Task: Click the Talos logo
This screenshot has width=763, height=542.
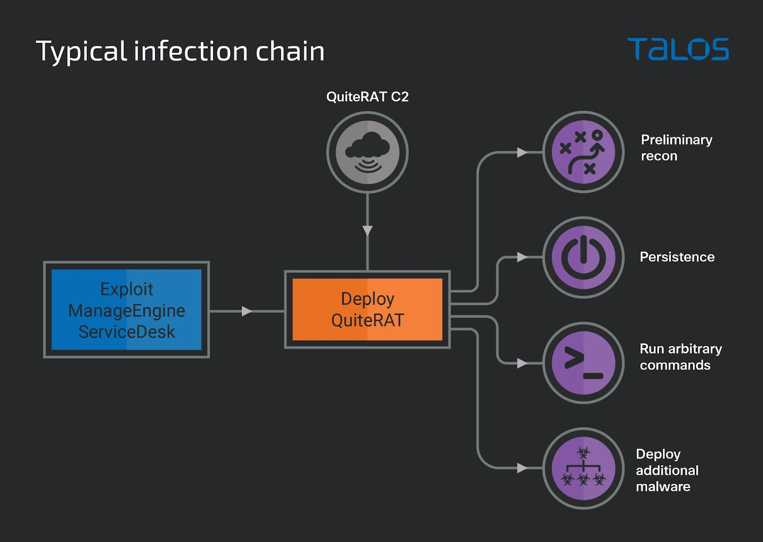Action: pyautogui.click(x=678, y=49)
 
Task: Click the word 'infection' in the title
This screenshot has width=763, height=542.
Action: pyautogui.click(x=191, y=51)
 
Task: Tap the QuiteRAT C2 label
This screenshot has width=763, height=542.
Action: pyautogui.click(x=367, y=97)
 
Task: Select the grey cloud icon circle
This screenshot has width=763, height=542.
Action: pyautogui.click(x=367, y=152)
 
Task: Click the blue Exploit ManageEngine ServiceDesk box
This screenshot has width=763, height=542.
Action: pyautogui.click(x=126, y=310)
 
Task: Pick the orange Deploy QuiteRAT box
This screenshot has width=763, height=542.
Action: pyautogui.click(x=367, y=309)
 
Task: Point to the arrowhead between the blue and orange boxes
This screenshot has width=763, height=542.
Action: pyautogui.click(x=247, y=311)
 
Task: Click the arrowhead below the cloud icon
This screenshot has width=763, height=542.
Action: pyautogui.click(x=367, y=231)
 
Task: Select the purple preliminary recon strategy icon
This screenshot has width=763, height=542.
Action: pyautogui.click(x=583, y=152)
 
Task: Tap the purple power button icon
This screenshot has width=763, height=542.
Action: pyautogui.click(x=583, y=257)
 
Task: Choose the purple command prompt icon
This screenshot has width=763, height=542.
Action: pyautogui.click(x=583, y=363)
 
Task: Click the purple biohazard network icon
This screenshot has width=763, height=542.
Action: pyautogui.click(x=583, y=468)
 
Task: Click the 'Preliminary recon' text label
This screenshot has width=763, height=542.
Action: pyautogui.click(x=676, y=148)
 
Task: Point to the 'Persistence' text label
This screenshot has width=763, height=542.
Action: pyautogui.click(x=677, y=257)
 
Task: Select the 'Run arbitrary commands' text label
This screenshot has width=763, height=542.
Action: pyautogui.click(x=681, y=357)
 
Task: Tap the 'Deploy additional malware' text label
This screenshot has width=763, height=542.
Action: pyautogui.click(x=667, y=470)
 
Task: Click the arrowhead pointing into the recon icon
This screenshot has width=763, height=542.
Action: pyautogui.click(x=522, y=153)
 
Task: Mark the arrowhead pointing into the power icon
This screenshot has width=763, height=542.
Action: pyautogui.click(x=522, y=257)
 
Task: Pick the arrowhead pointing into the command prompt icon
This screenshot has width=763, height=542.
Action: pyautogui.click(x=522, y=363)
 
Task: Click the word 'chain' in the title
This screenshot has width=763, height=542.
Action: pyautogui.click(x=290, y=51)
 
